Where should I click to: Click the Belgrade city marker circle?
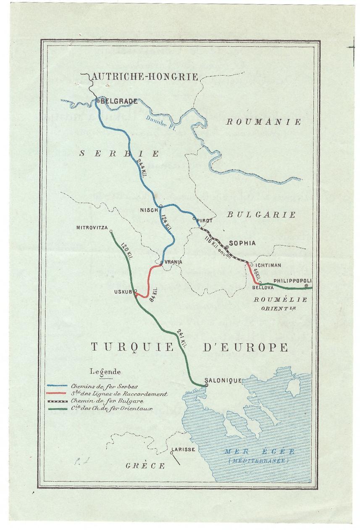(x=97, y=101)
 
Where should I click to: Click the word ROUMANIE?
(x=263, y=122)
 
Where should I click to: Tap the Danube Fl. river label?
(x=159, y=121)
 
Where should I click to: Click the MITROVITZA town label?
(x=91, y=228)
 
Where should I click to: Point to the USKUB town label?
(x=124, y=292)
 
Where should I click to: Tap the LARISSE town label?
(x=183, y=450)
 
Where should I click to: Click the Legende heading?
(x=105, y=372)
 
